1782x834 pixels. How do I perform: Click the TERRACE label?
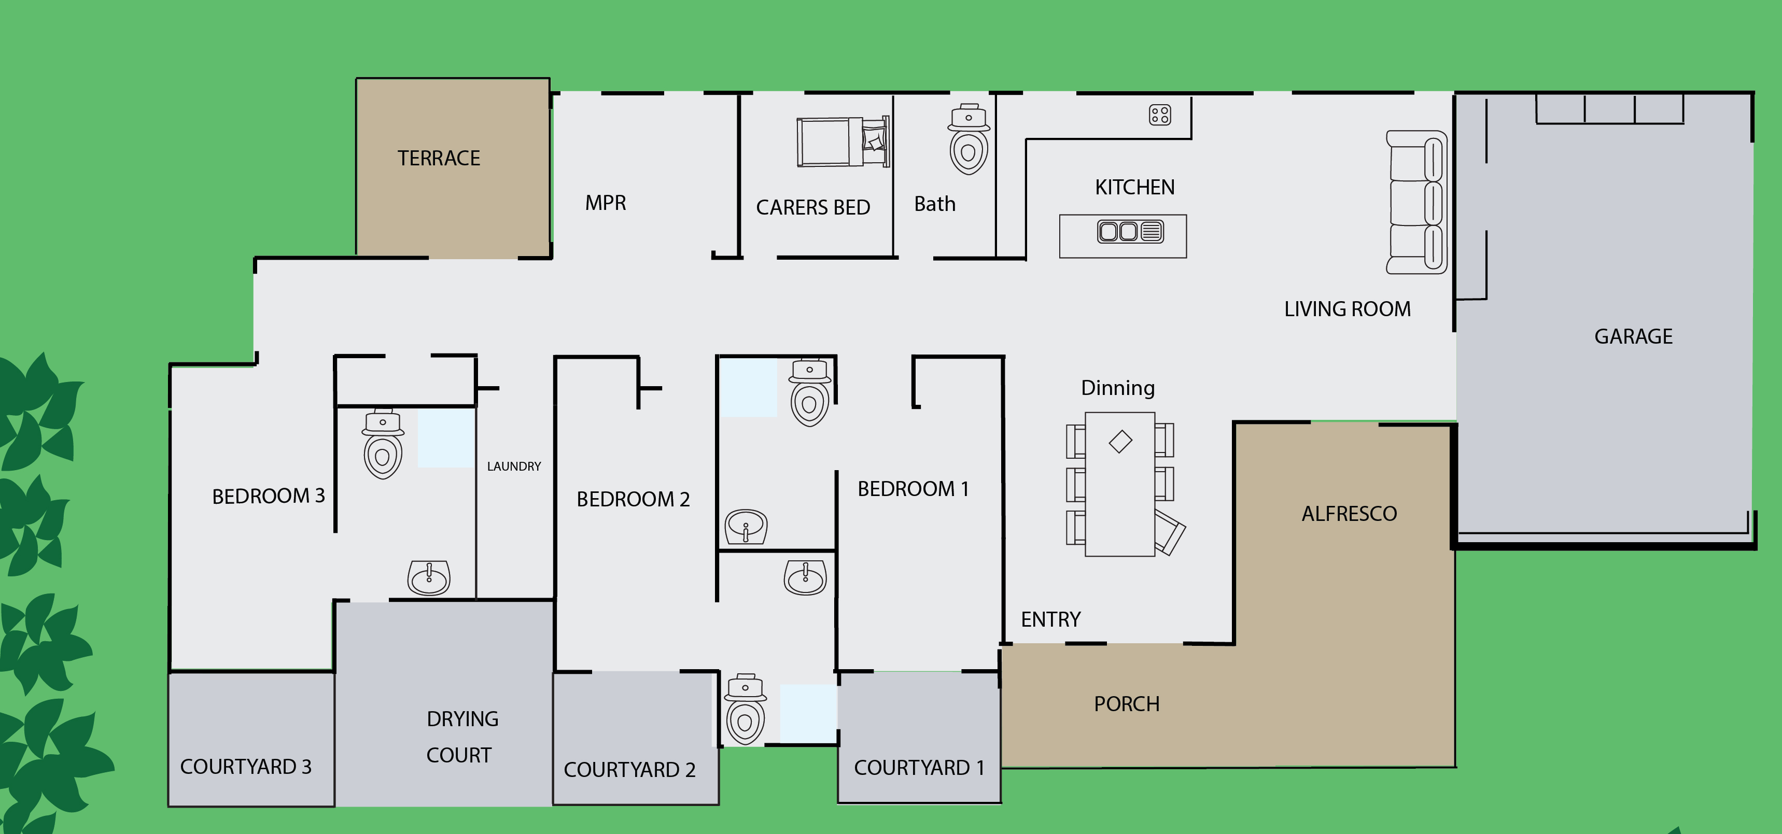[x=439, y=159]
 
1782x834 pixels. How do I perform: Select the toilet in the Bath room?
[x=969, y=140]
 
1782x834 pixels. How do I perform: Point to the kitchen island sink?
[x=1130, y=231]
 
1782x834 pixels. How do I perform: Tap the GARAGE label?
[x=1633, y=337]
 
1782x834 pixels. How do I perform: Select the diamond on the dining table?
[x=1120, y=441]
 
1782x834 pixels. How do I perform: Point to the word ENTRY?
[x=1050, y=619]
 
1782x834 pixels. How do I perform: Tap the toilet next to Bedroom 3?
[x=383, y=444]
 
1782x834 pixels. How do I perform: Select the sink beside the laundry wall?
[x=429, y=577]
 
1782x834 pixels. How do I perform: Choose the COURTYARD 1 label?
[x=919, y=768]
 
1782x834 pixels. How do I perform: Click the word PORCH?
[x=1126, y=704]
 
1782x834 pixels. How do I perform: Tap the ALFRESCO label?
[x=1349, y=514]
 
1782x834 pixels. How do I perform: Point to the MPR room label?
[x=605, y=203]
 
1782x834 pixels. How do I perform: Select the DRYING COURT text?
[x=461, y=737]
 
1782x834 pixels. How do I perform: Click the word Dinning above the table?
[x=1118, y=388]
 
